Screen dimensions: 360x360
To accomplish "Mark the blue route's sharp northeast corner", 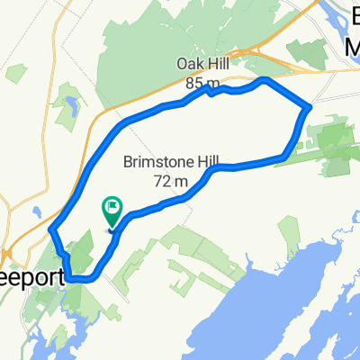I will [309, 107].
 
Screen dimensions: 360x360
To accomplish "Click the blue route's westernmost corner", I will [50, 229].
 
